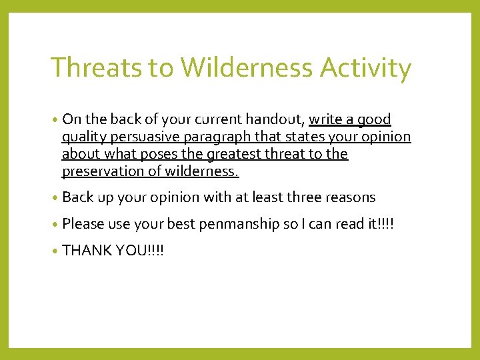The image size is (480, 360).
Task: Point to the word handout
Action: point(275,120)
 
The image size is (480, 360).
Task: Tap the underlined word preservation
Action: point(98,172)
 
